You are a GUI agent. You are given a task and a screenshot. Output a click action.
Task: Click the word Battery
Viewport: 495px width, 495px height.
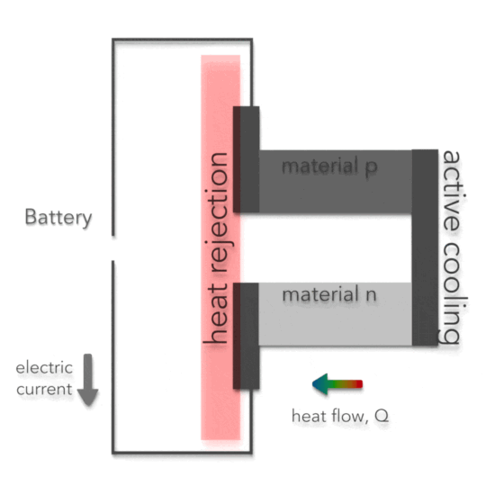click(x=58, y=218)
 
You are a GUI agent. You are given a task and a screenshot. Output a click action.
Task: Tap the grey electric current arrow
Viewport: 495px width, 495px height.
click(x=88, y=379)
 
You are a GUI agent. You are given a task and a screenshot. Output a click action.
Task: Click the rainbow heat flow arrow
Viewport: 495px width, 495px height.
click(x=337, y=385)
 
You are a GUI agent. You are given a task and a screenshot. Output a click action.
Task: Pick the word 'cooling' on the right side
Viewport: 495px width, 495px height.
click(x=452, y=289)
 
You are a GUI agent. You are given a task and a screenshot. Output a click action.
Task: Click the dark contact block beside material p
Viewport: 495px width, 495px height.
click(x=246, y=159)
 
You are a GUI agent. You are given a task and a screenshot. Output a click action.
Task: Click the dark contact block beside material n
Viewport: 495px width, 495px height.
click(x=246, y=335)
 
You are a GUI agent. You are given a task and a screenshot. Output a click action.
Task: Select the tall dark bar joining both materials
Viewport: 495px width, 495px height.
click(x=425, y=247)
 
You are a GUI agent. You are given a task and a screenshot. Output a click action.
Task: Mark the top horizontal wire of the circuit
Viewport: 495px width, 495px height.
click(x=184, y=40)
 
